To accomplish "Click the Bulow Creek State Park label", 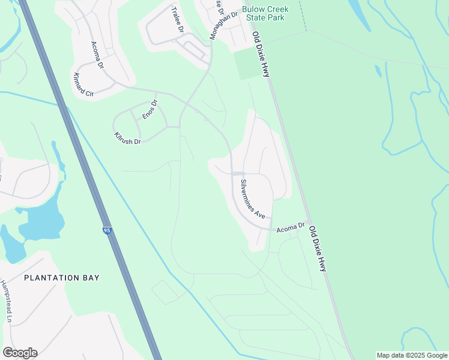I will [x=265, y=14].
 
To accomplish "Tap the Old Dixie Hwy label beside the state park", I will [x=261, y=54].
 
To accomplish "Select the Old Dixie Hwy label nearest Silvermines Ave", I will [x=317, y=248].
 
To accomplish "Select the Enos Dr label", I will [x=149, y=109].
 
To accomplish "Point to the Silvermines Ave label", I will [x=252, y=198].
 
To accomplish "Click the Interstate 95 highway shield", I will [x=107, y=230].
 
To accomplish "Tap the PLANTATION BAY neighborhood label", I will [x=62, y=278].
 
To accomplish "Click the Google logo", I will [x=20, y=353].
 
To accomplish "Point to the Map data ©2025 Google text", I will [x=411, y=355].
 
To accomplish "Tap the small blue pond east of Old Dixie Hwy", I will [x=378, y=71].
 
